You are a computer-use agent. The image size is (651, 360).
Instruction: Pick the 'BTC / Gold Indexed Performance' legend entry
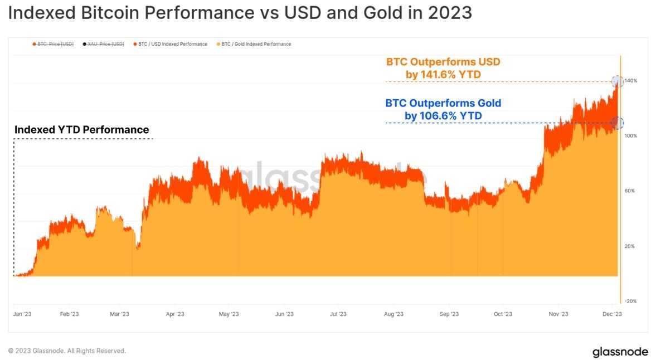click(256, 44)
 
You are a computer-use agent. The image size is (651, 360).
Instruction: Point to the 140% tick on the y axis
click(630, 81)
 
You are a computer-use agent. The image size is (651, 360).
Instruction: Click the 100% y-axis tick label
click(630, 136)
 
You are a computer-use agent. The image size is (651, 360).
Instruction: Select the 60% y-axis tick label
click(630, 191)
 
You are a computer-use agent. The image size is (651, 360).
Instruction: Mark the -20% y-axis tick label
click(630, 301)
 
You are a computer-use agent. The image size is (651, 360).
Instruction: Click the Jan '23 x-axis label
click(22, 314)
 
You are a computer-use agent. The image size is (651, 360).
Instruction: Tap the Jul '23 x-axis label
click(338, 314)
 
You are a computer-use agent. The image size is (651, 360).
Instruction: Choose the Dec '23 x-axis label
click(613, 314)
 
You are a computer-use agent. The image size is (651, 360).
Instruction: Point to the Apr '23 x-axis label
click(175, 314)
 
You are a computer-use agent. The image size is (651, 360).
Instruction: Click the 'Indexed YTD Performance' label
click(82, 130)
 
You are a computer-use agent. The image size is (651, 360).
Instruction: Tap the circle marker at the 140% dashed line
click(617, 81)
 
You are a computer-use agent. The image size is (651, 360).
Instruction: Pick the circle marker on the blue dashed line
click(617, 123)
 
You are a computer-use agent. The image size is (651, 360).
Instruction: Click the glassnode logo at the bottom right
click(620, 352)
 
